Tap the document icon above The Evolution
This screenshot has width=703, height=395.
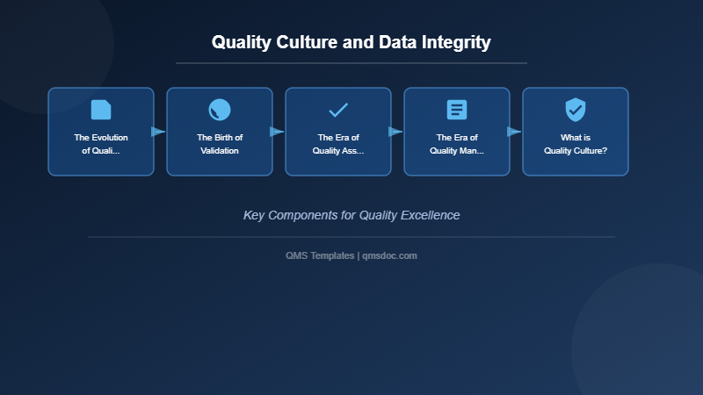[x=101, y=110]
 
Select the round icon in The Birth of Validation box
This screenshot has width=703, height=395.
[x=220, y=110]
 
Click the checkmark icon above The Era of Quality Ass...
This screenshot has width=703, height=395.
[x=338, y=110]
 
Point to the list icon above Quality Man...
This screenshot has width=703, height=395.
[x=457, y=110]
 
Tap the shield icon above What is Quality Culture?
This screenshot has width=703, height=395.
[x=576, y=110]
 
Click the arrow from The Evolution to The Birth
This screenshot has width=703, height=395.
[x=159, y=132]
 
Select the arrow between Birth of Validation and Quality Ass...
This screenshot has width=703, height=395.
[x=278, y=132]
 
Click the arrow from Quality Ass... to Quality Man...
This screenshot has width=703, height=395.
[x=396, y=132]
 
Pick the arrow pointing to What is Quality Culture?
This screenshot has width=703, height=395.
[x=515, y=132]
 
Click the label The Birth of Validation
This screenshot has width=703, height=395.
[x=220, y=144]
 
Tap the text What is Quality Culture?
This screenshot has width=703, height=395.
[x=576, y=144]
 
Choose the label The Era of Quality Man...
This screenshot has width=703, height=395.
[x=457, y=144]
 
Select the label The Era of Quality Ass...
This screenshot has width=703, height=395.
[x=338, y=144]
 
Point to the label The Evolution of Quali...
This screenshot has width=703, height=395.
[x=101, y=144]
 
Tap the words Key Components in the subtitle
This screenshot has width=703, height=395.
[x=291, y=215]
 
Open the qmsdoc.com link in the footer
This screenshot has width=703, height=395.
[x=389, y=255]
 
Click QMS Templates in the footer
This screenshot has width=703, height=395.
[x=320, y=255]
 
